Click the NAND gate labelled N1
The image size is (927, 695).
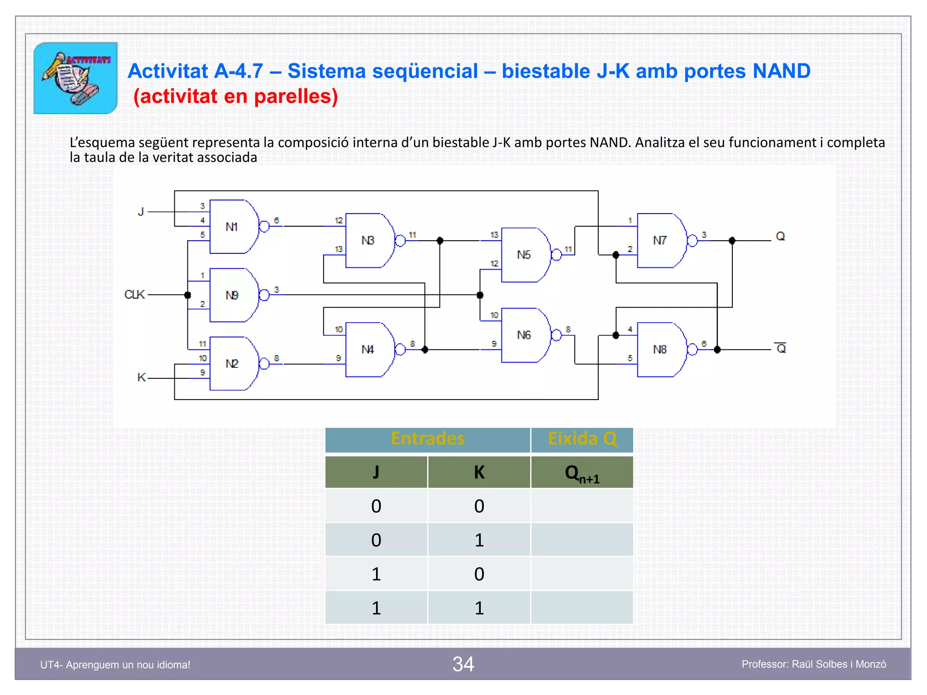click(233, 227)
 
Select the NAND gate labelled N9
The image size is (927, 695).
click(233, 295)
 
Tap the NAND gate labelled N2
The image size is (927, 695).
click(233, 363)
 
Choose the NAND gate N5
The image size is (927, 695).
click(525, 255)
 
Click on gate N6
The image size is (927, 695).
click(525, 335)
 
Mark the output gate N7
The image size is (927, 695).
click(661, 241)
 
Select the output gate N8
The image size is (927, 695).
click(661, 349)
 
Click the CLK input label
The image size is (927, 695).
click(134, 295)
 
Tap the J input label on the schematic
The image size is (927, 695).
click(141, 212)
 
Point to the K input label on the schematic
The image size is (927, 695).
click(141, 377)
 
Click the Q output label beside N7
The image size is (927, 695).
click(780, 236)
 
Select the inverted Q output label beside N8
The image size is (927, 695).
click(781, 348)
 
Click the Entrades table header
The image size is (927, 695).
click(428, 439)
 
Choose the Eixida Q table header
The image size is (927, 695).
click(582, 439)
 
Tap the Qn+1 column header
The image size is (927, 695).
click(582, 473)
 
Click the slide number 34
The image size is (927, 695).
click(463, 664)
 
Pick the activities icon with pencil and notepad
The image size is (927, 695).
click(76, 78)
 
